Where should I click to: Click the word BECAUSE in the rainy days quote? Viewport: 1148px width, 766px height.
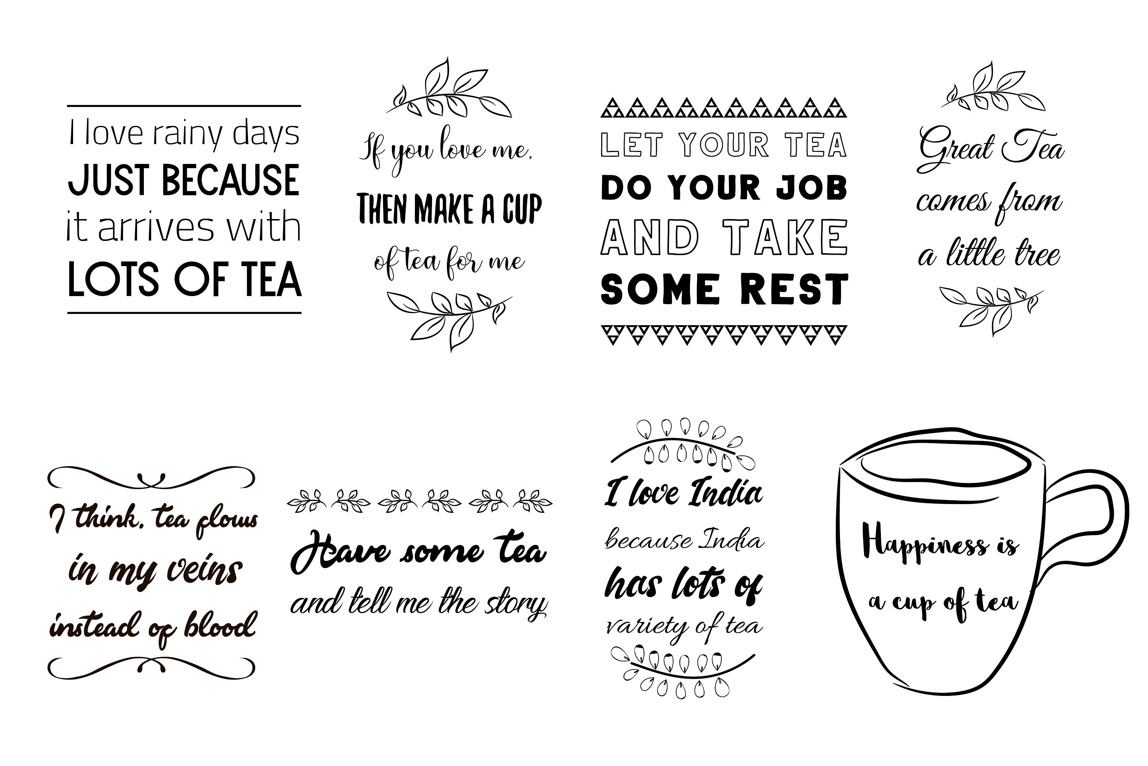point(230,180)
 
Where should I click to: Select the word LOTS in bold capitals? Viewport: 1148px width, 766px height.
point(113,280)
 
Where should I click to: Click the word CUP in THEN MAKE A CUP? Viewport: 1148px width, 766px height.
point(522,209)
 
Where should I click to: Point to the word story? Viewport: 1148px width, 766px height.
point(516,604)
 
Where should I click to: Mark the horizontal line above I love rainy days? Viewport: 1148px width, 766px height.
point(184,106)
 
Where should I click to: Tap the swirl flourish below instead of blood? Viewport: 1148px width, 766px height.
point(151,667)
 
